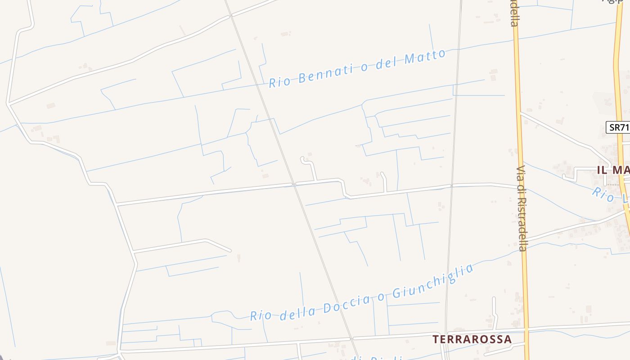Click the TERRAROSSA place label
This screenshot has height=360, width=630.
pyautogui.click(x=472, y=339)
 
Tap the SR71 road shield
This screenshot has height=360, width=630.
pyautogui.click(x=619, y=127)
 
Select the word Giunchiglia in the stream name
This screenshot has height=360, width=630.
pyautogui.click(x=432, y=282)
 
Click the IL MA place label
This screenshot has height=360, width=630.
pyautogui.click(x=613, y=170)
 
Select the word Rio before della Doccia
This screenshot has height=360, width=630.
pyautogui.click(x=260, y=315)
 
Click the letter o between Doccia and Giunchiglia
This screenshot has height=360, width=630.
pyautogui.click(x=381, y=297)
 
